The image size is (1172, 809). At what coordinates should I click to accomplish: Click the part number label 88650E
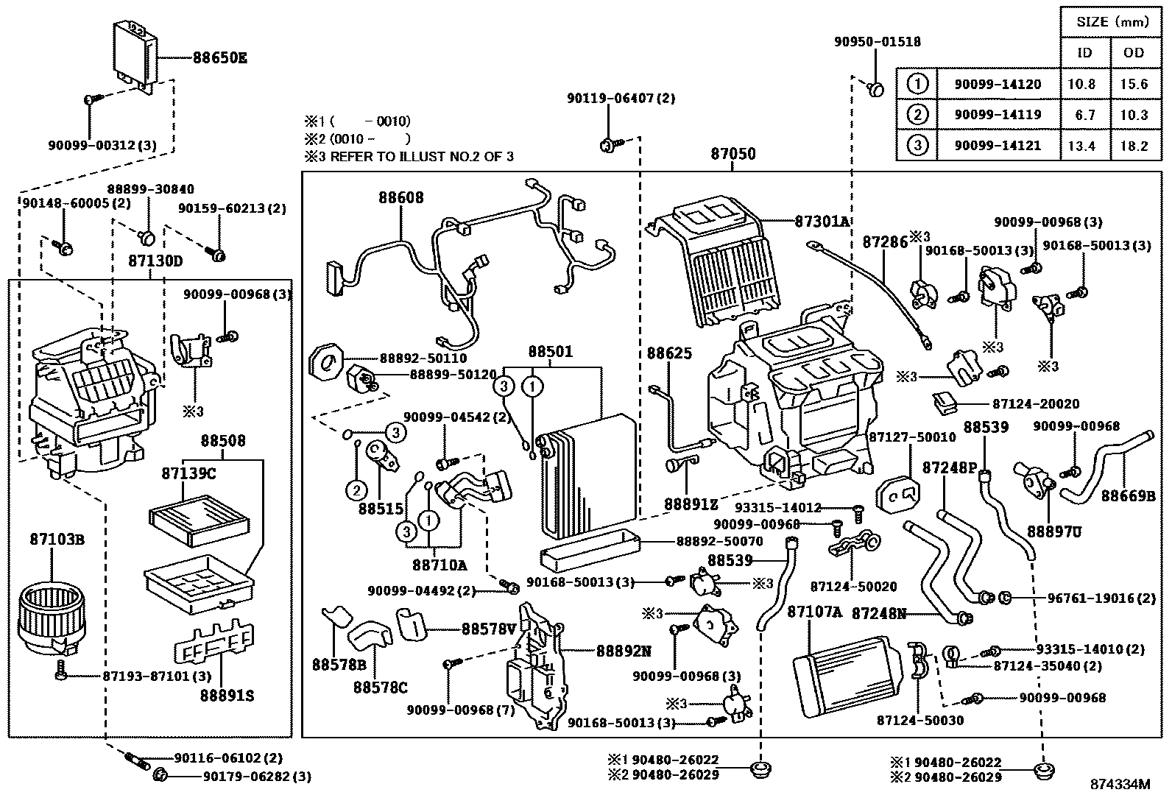(x=220, y=57)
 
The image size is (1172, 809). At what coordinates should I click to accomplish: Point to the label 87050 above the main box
(x=732, y=155)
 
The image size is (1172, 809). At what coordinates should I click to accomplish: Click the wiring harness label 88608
(x=401, y=197)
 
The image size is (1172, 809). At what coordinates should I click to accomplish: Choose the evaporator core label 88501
(x=550, y=353)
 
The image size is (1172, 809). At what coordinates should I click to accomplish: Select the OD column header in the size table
(x=1134, y=52)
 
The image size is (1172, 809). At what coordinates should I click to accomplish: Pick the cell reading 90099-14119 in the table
(x=998, y=115)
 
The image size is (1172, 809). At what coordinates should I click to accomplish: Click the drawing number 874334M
(x=1120, y=785)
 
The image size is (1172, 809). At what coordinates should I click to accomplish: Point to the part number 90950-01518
(x=877, y=42)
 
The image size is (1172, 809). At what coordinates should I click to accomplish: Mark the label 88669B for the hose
(x=1128, y=496)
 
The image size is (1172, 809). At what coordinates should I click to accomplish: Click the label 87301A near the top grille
(x=822, y=221)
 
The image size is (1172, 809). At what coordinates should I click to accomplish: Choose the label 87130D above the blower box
(x=155, y=261)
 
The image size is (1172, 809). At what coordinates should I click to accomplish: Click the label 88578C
(x=380, y=688)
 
